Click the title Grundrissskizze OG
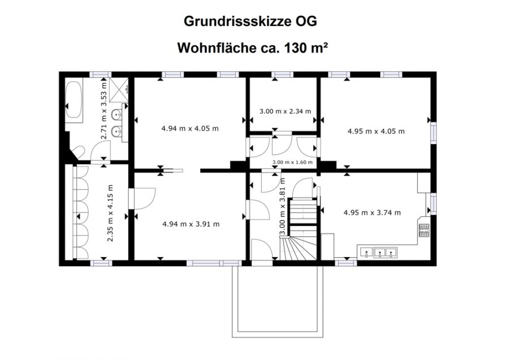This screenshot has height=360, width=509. tap(251, 21)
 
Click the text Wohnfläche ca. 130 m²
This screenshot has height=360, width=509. tap(252, 48)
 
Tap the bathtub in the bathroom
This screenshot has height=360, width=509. tap(74, 99)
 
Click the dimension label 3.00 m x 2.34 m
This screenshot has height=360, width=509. tap(286, 111)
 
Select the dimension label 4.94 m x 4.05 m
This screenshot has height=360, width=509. tap(190, 128)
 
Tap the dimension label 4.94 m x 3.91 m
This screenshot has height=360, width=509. tap(191, 224)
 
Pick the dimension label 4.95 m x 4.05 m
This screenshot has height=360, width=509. tap(376, 131)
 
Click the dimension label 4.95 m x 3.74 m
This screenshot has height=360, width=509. tap(372, 212)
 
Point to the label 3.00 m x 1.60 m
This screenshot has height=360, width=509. tap(292, 162)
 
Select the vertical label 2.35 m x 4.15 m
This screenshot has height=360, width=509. tap(110, 213)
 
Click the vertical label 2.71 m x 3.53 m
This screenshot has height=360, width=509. tap(104, 111)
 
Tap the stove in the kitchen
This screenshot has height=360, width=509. tap(424, 231)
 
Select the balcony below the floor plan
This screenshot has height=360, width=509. tap(278, 301)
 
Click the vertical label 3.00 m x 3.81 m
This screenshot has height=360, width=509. tap(282, 206)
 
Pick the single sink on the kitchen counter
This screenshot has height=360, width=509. tap(366, 252)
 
